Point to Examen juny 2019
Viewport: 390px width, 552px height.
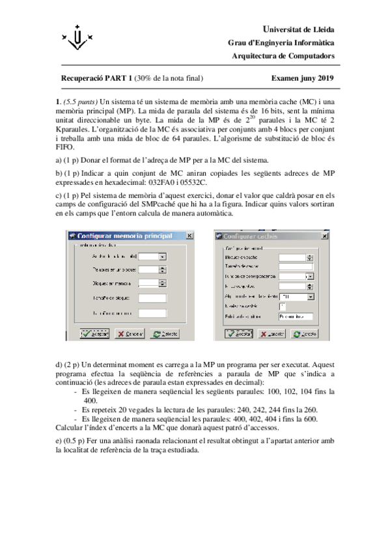[x=301, y=79]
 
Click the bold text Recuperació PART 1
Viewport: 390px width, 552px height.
[x=96, y=79]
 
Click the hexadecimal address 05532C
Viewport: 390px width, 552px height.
[x=195, y=183]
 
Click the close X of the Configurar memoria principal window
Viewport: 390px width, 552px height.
[x=189, y=236]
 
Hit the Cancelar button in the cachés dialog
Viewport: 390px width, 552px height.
[x=272, y=333]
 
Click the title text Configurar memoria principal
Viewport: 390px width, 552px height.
[x=124, y=236]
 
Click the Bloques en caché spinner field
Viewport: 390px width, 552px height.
[x=294, y=258]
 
